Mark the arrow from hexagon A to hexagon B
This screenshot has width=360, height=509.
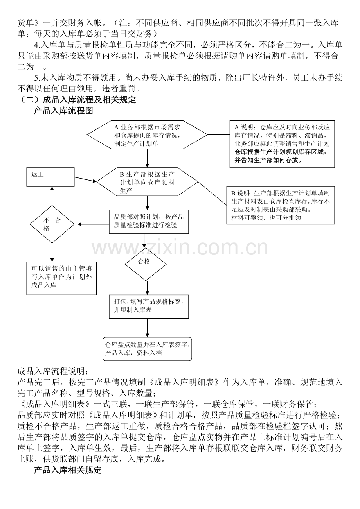pyautogui.click(x=148, y=158)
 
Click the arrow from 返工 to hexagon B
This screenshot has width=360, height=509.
pyautogui.click(x=86, y=179)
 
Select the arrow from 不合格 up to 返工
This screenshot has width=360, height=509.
pyautogui.click(x=52, y=196)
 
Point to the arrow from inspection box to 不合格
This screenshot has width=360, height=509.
pyautogui.click(x=93, y=224)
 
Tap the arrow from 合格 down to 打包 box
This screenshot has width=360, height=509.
pyautogui.click(x=148, y=288)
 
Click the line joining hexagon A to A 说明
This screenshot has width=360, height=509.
pyautogui.click(x=219, y=135)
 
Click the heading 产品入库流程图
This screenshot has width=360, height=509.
pyautogui.click(x=63, y=111)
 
